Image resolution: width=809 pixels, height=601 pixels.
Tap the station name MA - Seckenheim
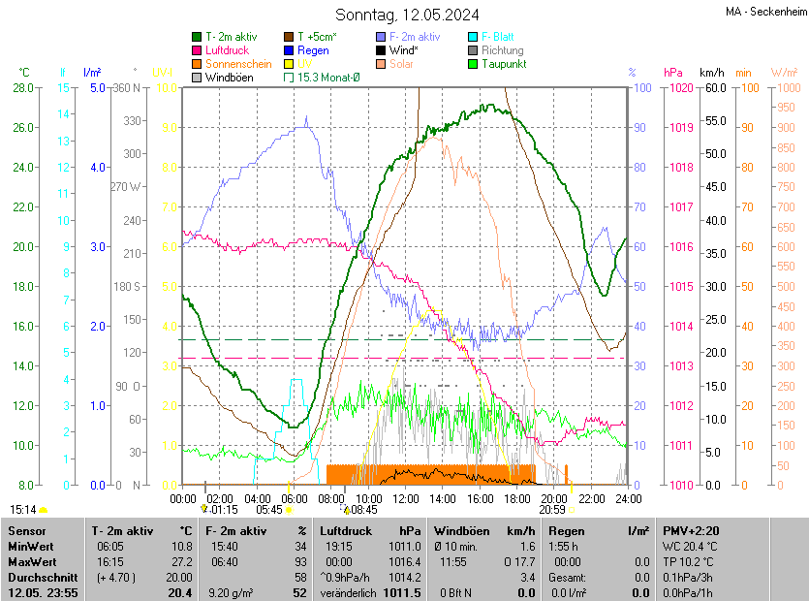765,13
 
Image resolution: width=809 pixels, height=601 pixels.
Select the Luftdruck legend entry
228,49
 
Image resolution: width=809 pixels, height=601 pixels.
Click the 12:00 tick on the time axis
405,498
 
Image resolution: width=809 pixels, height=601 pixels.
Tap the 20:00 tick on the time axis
553,498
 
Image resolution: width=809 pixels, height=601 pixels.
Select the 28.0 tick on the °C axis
23,88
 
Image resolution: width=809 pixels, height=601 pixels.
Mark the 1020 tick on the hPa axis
678,88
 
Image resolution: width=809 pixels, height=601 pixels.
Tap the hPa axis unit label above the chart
672,73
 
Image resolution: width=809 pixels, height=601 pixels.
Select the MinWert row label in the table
31,547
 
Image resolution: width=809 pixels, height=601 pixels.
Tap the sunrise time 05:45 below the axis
269,509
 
